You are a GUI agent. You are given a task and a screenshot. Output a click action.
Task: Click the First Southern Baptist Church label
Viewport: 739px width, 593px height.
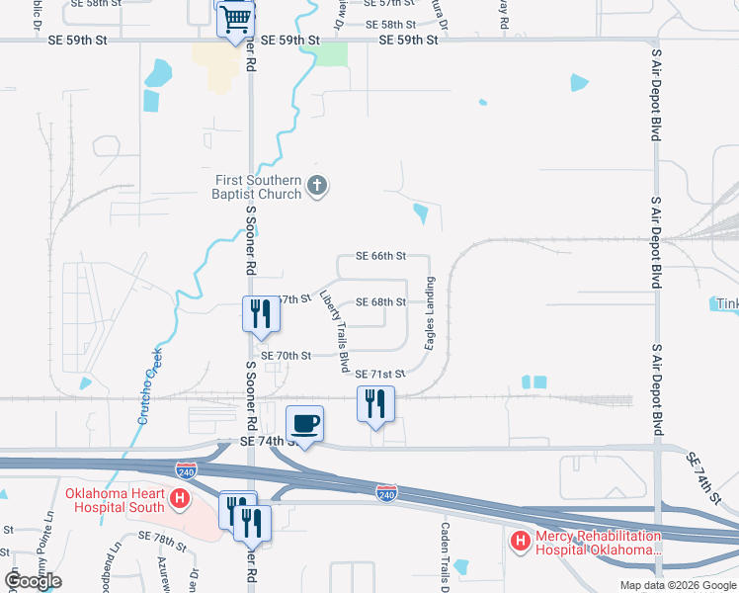pos(258,187)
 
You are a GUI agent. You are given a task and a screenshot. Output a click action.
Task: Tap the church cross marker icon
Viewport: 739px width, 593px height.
pos(317,186)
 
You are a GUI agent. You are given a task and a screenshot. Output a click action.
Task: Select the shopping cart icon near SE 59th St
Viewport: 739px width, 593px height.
pos(236,20)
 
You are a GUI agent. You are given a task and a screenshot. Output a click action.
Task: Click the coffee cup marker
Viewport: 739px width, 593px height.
pos(305,423)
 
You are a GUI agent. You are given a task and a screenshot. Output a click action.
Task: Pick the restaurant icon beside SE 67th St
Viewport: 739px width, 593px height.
pos(256,313)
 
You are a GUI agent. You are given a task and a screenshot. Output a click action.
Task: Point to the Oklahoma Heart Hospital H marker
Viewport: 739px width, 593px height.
pos(180,500)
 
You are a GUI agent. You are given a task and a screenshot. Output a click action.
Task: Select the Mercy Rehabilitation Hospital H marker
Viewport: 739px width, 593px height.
pos(520,541)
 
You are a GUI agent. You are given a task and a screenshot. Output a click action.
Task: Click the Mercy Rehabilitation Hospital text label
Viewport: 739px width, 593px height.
pos(597,543)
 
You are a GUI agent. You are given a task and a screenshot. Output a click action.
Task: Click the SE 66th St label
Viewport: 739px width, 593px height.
pos(380,256)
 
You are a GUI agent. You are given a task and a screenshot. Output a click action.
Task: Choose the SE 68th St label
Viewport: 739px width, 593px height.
pos(380,301)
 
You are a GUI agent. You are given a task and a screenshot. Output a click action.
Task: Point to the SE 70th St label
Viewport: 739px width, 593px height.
pos(286,355)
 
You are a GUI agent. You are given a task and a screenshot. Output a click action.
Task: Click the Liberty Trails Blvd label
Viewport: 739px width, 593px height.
pos(333,330)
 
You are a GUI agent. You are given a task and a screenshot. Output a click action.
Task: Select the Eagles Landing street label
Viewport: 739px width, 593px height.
pos(431,313)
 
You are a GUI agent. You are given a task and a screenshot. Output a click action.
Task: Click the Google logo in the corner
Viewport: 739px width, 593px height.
pos(34,581)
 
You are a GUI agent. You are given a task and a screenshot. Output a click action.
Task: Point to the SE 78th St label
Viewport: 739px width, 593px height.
pos(162,536)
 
